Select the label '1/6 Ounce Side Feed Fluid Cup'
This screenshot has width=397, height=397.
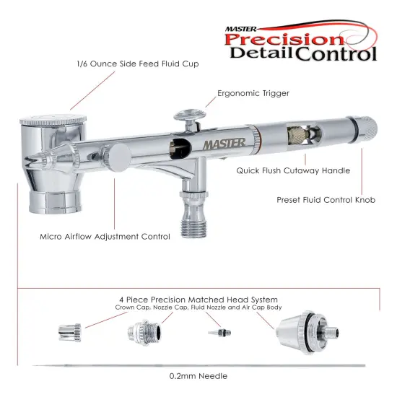coord(137,64)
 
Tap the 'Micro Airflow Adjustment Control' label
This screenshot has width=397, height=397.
coord(105,236)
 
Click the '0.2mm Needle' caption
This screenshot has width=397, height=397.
coord(198,375)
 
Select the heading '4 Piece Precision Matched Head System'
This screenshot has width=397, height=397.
coord(198,299)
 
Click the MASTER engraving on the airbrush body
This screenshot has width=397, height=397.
coord(224,143)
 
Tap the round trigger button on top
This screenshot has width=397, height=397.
coord(186,113)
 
